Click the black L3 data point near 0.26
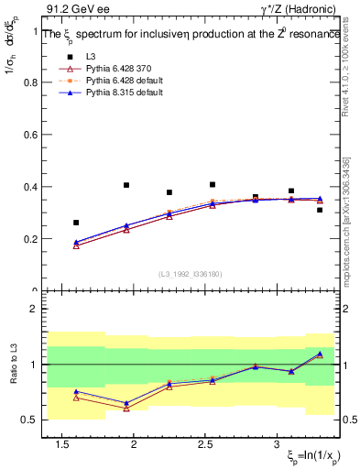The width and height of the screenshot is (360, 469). pos(76,223)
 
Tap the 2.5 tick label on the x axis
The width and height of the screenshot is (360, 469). pos(206,444)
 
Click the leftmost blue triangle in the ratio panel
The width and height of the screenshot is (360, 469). pos(76,392)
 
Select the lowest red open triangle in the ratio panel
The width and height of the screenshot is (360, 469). pos(126,409)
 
